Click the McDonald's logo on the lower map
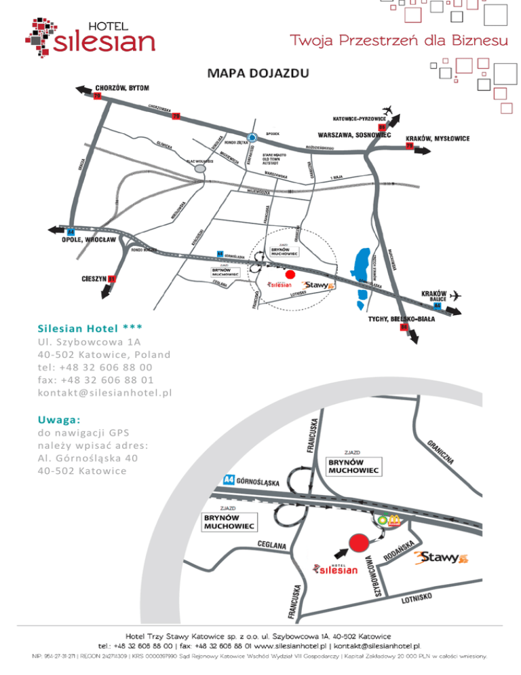(x=393, y=519)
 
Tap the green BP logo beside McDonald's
(x=383, y=520)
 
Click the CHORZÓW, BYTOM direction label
(x=122, y=88)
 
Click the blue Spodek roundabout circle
(x=252, y=136)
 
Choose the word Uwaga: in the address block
(x=60, y=420)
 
